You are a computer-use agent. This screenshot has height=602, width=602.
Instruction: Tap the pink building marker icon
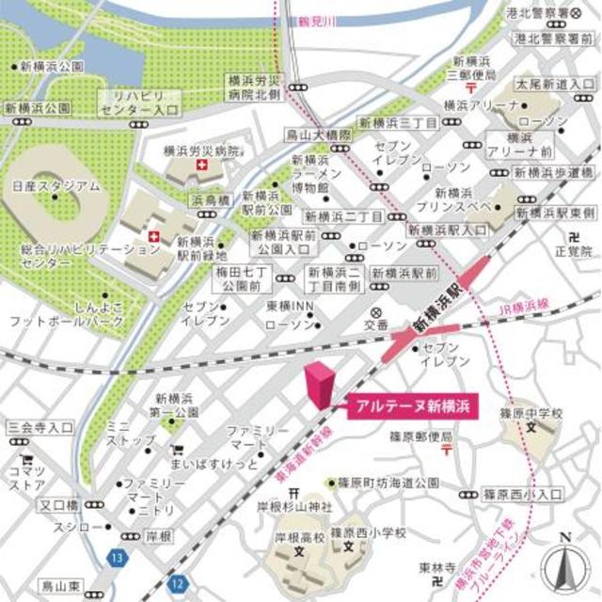coord(321,384)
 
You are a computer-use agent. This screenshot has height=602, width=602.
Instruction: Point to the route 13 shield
coord(116,557)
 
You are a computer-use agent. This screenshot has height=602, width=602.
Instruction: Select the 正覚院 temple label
coord(572,251)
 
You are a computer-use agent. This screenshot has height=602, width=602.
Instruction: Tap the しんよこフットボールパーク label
coord(66,314)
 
